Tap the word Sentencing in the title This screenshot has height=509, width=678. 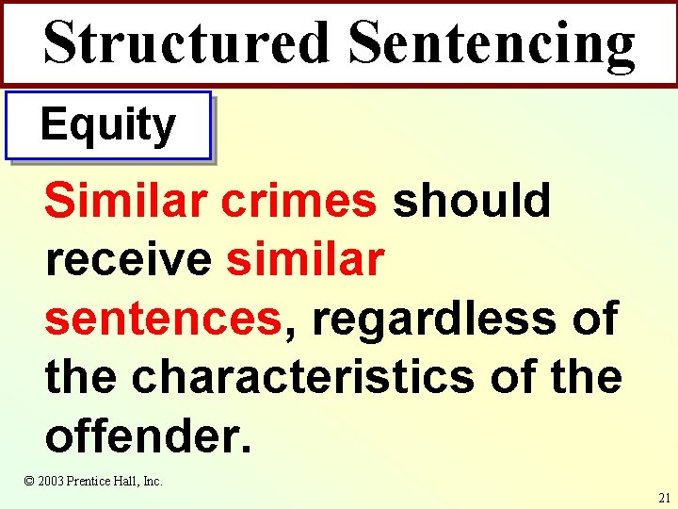tap(491, 42)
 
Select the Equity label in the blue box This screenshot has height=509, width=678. tap(107, 125)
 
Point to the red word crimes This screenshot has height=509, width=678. tap(299, 200)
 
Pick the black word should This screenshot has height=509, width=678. tap(472, 200)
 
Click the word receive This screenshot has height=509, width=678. tap(128, 258)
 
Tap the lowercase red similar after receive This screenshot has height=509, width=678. tap(305, 258)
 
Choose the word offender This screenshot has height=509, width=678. tap(148, 435)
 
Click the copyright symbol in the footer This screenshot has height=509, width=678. tap(29, 481)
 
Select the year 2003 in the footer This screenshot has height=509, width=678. tap(52, 481)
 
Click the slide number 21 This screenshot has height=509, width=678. tap(665, 497)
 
